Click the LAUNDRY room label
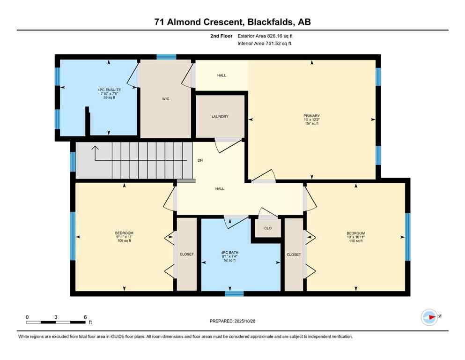[220, 116]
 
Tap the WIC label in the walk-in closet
[166, 99]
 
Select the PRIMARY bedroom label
[311, 115]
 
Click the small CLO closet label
[268, 229]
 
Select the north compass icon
[429, 317]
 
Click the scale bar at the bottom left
[56, 322]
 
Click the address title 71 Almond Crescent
[232, 22]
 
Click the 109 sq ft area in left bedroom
[124, 241]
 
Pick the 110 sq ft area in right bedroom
[356, 241]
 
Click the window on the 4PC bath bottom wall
[234, 294]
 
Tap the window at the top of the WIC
[166, 57]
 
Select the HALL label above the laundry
[221, 75]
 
